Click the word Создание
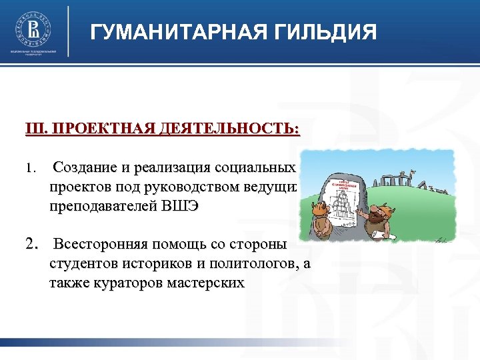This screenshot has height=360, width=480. point(90,167)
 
